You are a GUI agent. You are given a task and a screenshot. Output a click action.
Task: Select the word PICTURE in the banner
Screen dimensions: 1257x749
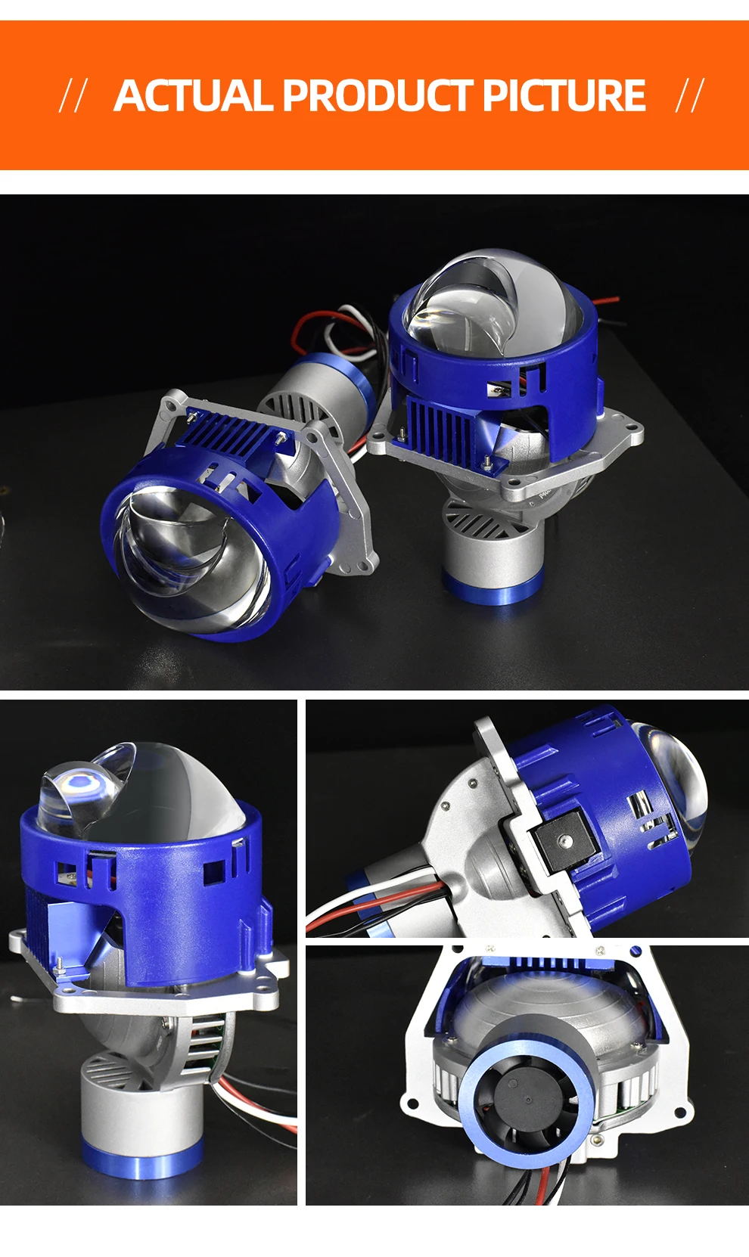coord(564,96)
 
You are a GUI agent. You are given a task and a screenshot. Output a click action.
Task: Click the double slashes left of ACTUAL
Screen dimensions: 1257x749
coord(73,96)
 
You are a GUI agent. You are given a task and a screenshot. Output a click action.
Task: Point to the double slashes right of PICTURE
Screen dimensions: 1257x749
coord(689,96)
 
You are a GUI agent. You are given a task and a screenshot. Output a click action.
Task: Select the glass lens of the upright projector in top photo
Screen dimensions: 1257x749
coord(492,306)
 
